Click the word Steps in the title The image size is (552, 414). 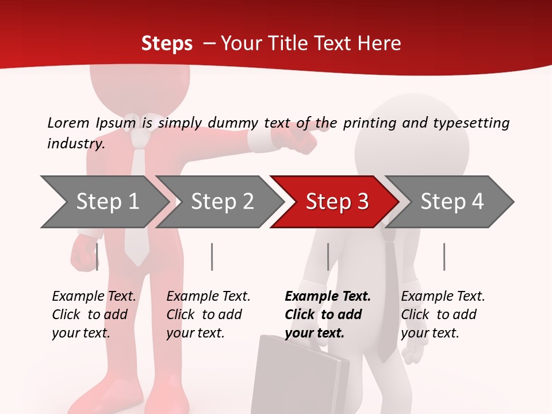(167, 44)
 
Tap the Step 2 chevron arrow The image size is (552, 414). (221, 202)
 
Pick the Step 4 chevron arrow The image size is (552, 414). (451, 202)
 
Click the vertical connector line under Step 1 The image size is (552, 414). (97, 256)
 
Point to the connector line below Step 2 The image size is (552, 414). (212, 256)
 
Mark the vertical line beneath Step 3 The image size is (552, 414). (328, 256)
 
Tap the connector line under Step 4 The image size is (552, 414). (444, 256)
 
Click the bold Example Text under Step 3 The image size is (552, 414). (327, 315)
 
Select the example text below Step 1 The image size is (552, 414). (94, 315)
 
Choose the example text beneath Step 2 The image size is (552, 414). (208, 315)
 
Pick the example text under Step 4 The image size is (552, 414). (443, 315)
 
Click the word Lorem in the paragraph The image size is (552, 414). (68, 122)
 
